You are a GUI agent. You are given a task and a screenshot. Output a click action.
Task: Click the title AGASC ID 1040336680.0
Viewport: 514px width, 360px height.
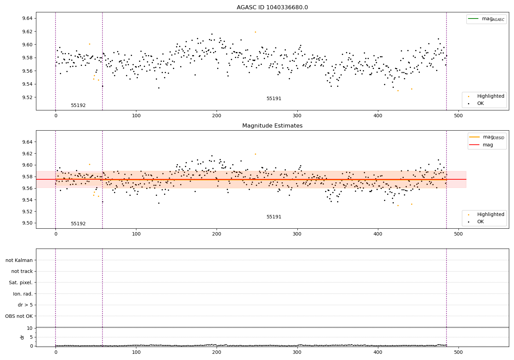(272, 8)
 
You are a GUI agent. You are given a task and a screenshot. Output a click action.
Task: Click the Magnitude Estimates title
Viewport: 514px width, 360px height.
(272, 126)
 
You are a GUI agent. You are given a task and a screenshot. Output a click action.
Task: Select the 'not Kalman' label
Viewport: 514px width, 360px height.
(19, 260)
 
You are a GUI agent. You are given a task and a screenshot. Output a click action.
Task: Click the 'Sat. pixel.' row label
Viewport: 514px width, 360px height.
(21, 283)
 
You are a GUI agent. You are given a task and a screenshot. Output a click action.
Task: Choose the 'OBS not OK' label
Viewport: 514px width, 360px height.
(19, 316)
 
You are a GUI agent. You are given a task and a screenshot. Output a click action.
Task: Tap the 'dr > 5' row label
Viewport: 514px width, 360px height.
(25, 305)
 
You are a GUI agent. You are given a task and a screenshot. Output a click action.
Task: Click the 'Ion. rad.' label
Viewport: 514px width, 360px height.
(23, 294)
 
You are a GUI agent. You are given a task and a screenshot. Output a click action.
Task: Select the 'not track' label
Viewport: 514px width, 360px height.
(22, 271)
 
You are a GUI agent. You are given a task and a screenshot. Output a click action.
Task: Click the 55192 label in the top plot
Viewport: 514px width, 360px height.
(78, 106)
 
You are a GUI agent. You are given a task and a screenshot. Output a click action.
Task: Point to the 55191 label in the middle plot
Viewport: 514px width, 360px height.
(274, 217)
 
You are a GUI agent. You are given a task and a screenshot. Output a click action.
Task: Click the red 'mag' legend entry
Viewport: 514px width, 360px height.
(488, 145)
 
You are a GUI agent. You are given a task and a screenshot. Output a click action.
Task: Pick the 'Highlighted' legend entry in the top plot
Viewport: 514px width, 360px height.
(490, 96)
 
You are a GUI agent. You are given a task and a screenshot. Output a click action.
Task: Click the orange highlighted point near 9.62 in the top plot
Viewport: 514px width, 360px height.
(255, 32)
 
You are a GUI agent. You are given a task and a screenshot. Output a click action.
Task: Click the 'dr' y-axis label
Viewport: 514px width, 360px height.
(22, 337)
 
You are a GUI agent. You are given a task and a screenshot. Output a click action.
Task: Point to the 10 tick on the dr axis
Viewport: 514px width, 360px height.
(30, 328)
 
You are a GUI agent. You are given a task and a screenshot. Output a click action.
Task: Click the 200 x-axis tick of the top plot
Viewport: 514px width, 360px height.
(217, 116)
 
